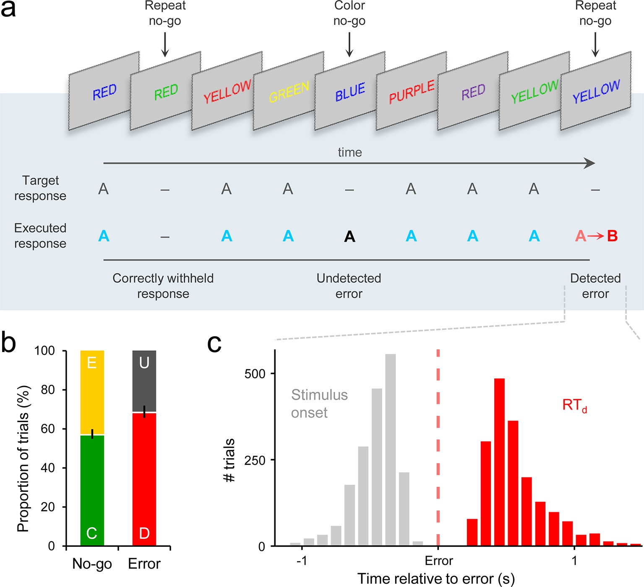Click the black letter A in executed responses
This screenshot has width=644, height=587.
tap(349, 237)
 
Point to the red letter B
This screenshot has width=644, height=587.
tap(612, 236)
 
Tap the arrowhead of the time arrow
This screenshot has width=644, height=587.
tap(591, 163)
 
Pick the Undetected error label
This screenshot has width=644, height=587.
tap(349, 286)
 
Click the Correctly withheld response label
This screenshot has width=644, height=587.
tap(163, 286)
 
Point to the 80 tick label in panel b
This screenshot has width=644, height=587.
tap(48, 389)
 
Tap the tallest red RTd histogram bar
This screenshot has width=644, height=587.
tap(499, 462)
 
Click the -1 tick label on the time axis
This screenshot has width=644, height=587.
tap(301, 561)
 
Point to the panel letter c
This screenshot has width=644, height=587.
tap(214, 344)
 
